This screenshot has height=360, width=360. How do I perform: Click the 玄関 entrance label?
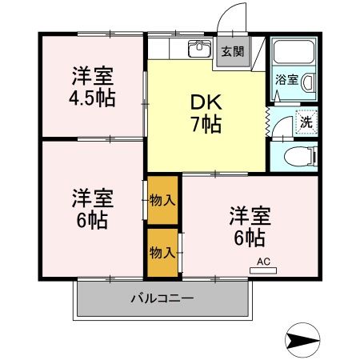233,52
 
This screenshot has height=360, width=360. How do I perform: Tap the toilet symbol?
300,156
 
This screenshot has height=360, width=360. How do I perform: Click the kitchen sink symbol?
197,49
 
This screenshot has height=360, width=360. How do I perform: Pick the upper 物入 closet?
162,199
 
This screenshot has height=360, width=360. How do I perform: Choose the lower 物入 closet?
162,252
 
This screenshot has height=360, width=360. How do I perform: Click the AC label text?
264,261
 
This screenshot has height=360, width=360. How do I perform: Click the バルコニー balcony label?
162,299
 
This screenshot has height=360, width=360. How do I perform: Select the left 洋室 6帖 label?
92,207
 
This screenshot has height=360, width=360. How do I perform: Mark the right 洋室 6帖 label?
250,226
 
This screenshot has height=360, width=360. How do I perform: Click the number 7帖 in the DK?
206,125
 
